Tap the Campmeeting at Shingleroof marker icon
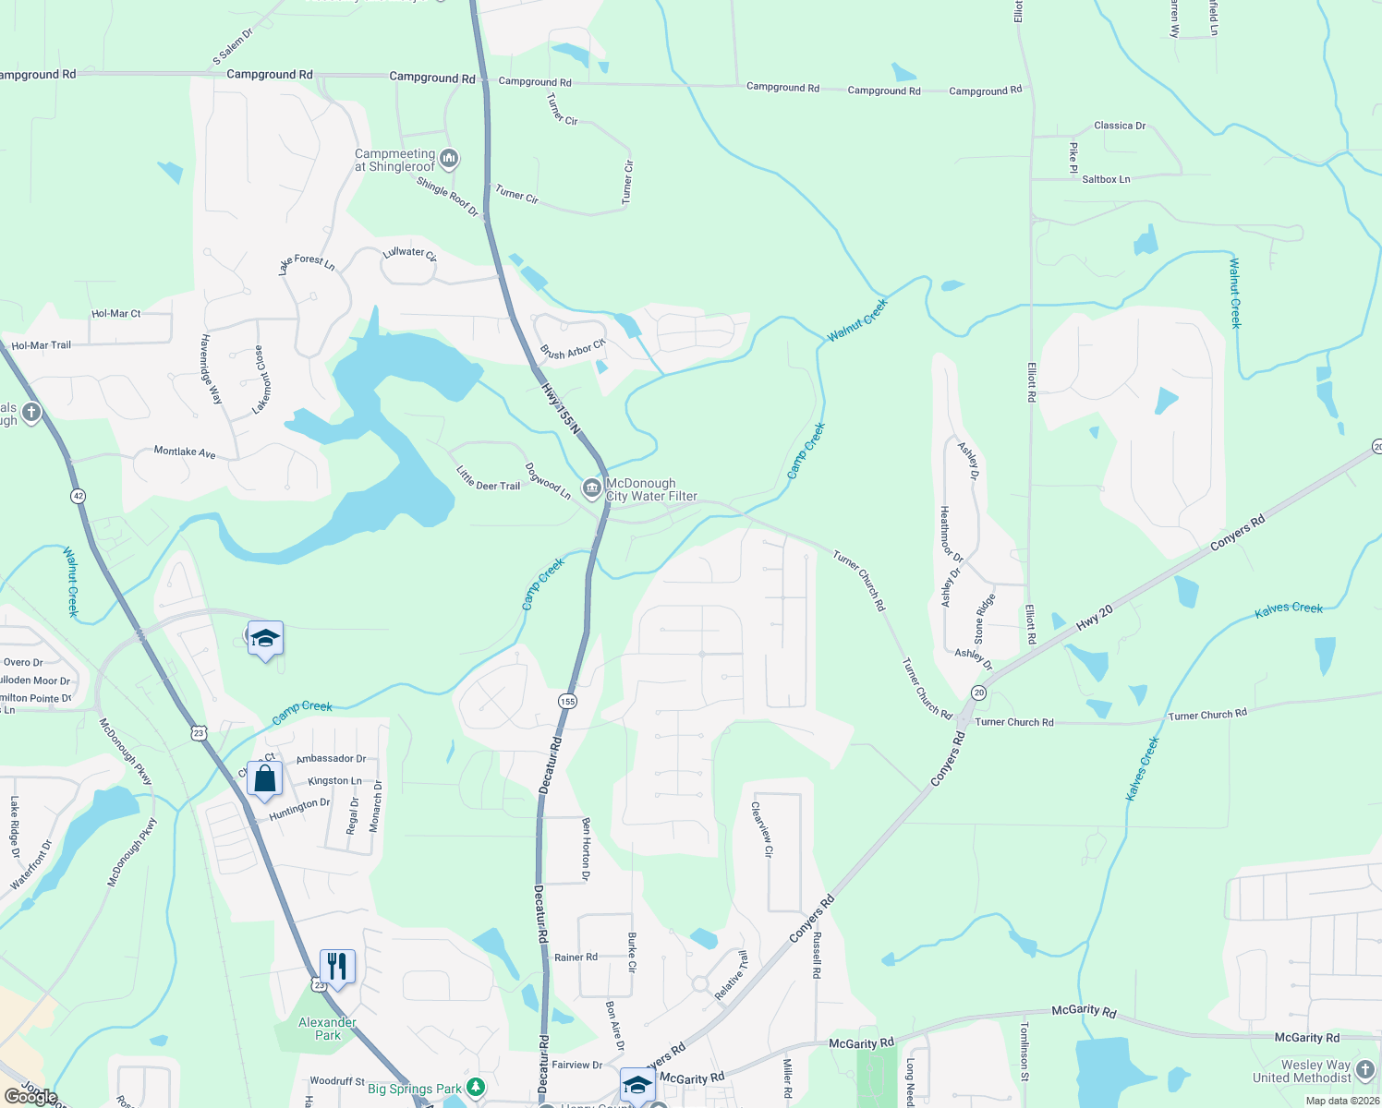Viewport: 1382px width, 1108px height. [449, 159]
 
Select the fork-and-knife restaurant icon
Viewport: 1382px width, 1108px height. [337, 967]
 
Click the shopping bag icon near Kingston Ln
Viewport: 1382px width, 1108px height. [264, 778]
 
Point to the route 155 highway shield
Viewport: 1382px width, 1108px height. [567, 702]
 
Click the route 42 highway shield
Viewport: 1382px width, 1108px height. [78, 496]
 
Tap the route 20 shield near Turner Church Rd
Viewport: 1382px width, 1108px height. [978, 692]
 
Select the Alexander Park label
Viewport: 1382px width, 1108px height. [327, 1029]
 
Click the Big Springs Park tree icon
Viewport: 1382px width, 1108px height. [476, 1087]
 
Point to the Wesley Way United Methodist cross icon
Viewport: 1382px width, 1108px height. [1366, 1068]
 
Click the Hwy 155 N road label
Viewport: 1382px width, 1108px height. [561, 408]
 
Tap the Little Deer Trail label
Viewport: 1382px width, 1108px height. [488, 477]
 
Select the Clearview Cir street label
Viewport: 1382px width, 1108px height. [761, 828]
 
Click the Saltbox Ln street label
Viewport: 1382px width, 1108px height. [1106, 179]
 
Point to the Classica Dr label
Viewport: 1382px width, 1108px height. [1120, 126]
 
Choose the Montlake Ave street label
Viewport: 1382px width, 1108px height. [185, 452]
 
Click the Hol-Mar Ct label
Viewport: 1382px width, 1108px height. [116, 314]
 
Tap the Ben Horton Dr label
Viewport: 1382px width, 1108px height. [586, 849]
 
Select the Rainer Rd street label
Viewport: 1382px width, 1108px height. [576, 957]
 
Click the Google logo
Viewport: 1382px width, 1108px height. [31, 1097]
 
